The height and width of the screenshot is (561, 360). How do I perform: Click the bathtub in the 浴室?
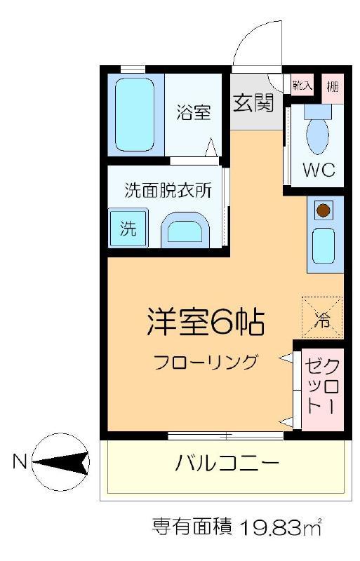coord(135,115)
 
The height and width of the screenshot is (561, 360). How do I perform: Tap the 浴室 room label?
coord(194,112)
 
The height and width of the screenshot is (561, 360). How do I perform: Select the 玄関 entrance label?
coord(253,102)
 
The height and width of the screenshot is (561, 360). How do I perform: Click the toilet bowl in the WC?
coord(317,133)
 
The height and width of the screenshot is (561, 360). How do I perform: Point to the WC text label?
coord(319,170)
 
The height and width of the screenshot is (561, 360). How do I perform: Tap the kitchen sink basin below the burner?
coord(324,246)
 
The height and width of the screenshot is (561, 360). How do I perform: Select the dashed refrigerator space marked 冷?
coord(322,318)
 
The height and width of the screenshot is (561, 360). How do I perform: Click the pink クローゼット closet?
coord(322,389)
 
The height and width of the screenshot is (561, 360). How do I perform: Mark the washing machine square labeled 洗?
coord(128,228)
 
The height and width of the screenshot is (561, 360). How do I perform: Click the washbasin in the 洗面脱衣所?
coord(185,231)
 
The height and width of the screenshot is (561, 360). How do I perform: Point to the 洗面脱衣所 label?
coord(168,190)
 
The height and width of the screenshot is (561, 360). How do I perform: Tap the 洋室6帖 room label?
coord(206,322)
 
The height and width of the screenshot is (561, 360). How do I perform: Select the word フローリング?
coord(206,362)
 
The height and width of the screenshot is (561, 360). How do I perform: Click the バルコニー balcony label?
coord(227,464)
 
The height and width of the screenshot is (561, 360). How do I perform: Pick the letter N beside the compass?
coord(20,461)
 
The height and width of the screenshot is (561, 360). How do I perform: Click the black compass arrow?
coord(61,461)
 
